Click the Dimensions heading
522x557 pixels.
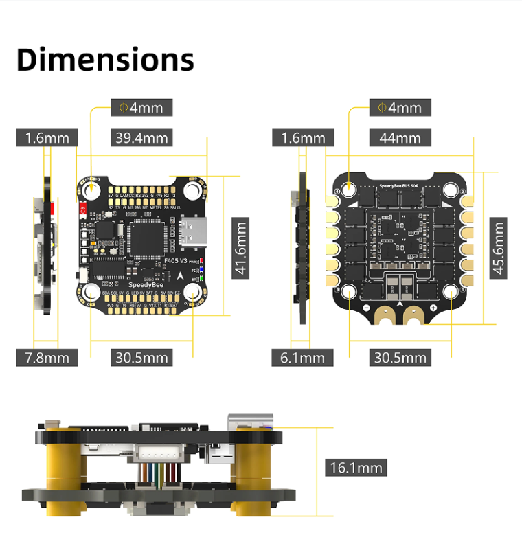pyautogui.click(x=105, y=60)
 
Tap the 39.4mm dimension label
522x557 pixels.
pyautogui.click(x=141, y=137)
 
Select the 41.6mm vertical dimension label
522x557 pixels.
pyautogui.click(x=239, y=248)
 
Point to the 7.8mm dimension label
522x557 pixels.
pyautogui.click(x=47, y=357)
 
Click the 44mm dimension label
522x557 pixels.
pyautogui.click(x=400, y=137)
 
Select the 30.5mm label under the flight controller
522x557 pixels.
pyautogui.click(x=141, y=357)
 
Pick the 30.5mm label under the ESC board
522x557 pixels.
pyautogui.click(x=400, y=357)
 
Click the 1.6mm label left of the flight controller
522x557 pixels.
pyautogui.click(x=47, y=137)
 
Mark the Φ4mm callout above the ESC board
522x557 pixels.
pyautogui.click(x=400, y=108)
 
